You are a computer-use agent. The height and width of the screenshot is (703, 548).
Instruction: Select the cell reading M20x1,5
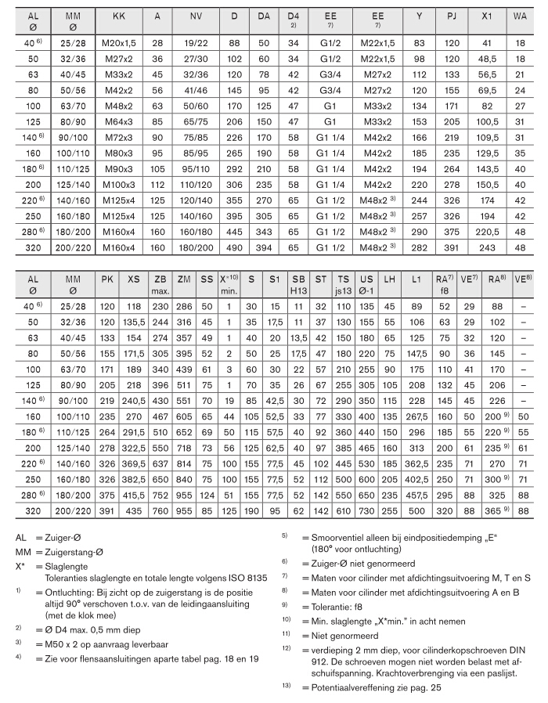[x=118, y=42]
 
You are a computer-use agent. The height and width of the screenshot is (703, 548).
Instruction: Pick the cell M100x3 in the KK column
[x=118, y=185]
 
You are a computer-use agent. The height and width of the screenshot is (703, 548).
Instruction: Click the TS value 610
[x=343, y=510]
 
